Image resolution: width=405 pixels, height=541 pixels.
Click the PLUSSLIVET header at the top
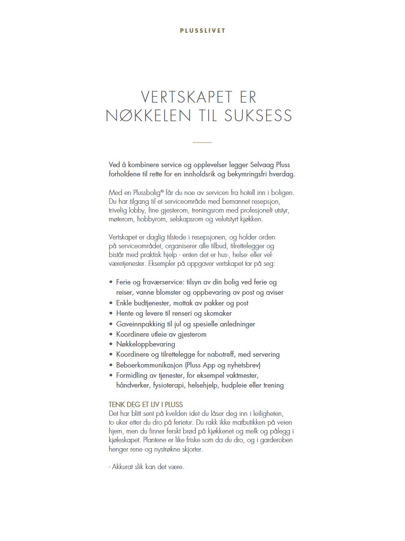point(202,30)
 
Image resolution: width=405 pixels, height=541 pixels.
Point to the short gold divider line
point(202,142)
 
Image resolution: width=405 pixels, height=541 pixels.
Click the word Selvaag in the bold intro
point(260,165)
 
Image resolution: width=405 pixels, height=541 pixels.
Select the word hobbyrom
point(151,220)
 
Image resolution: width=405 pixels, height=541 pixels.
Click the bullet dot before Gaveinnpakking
point(111,324)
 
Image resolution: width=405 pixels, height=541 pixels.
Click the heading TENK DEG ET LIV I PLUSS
point(145,405)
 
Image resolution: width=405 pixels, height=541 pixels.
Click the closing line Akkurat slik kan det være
point(146,467)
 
